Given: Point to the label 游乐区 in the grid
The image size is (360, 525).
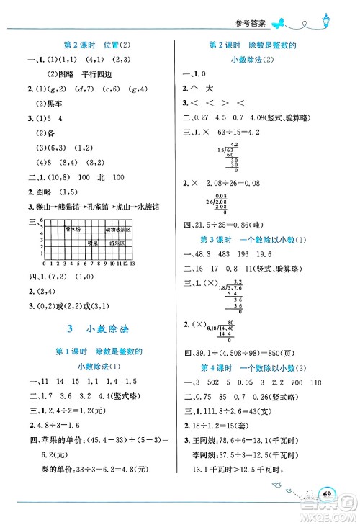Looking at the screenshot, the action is click(118, 243).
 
